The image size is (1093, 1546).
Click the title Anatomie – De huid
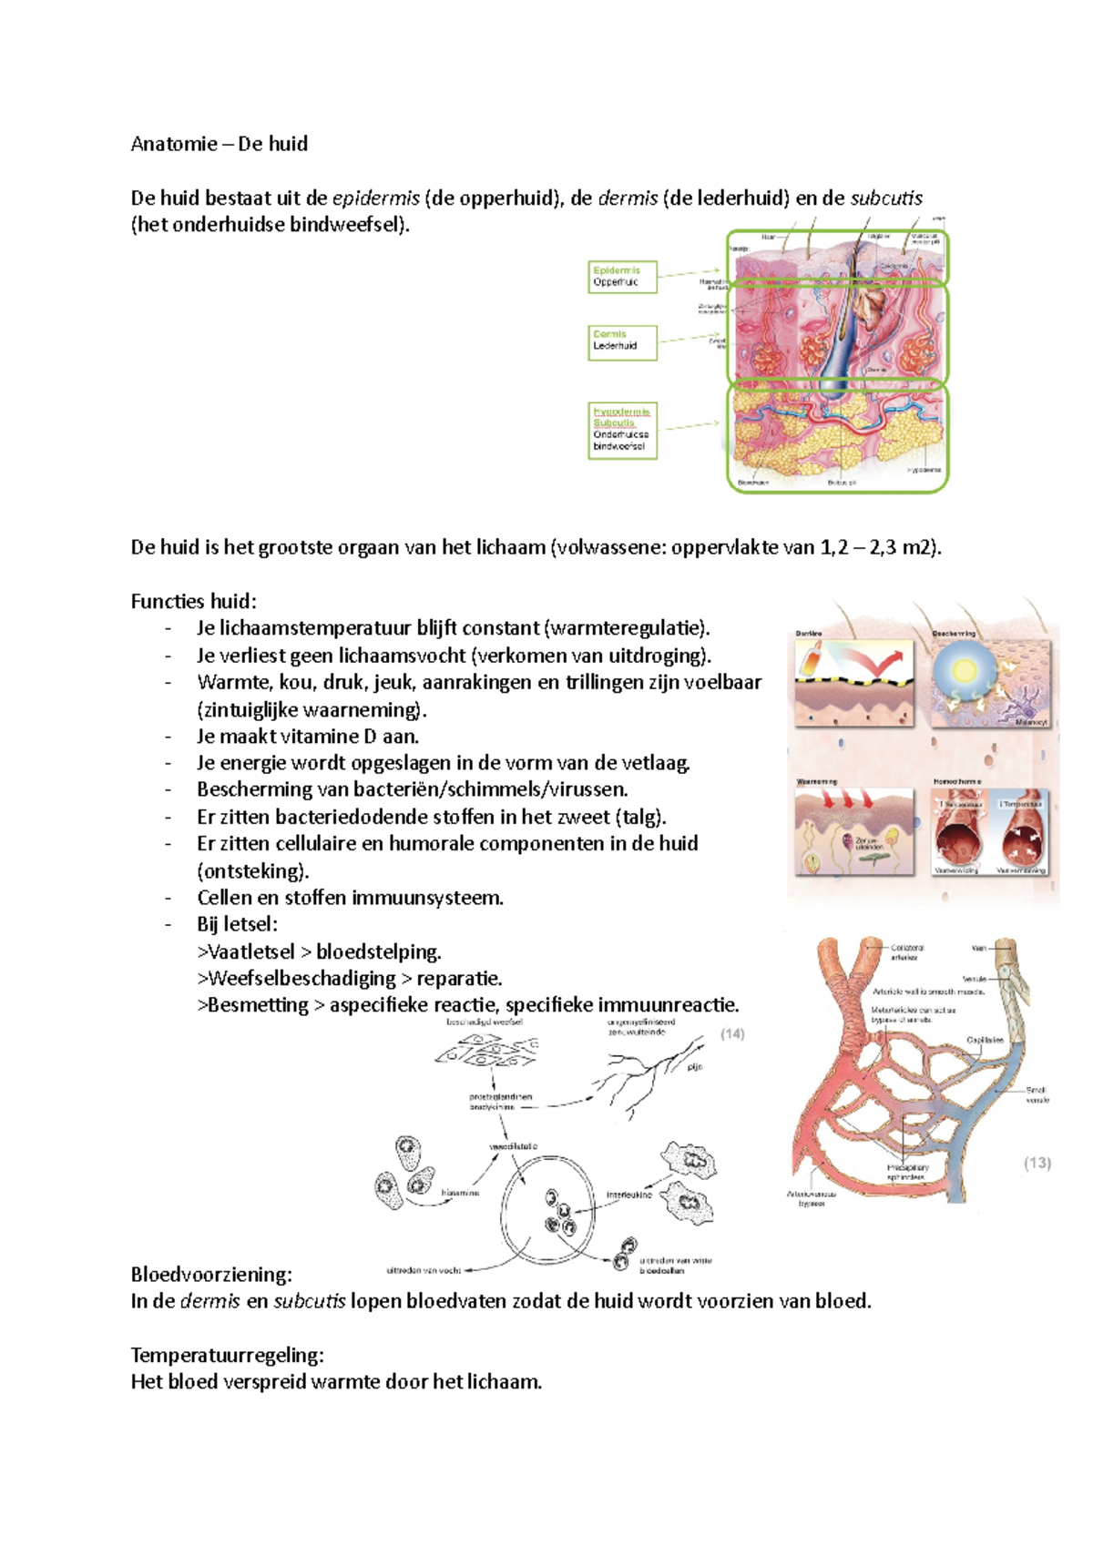219,144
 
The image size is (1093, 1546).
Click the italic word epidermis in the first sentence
376,198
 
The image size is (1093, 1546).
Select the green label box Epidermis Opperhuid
622,277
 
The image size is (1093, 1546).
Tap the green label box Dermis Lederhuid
622,341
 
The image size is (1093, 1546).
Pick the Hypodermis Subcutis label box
622,430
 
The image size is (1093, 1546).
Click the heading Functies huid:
193,601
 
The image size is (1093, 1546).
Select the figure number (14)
732,1033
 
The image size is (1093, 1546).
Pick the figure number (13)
1037,1163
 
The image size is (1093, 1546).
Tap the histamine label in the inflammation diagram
460,1192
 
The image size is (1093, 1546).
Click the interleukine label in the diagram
629,1195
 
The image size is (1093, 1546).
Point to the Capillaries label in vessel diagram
986,1040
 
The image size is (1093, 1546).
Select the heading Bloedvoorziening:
211,1274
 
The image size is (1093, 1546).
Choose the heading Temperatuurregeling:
227,1355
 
